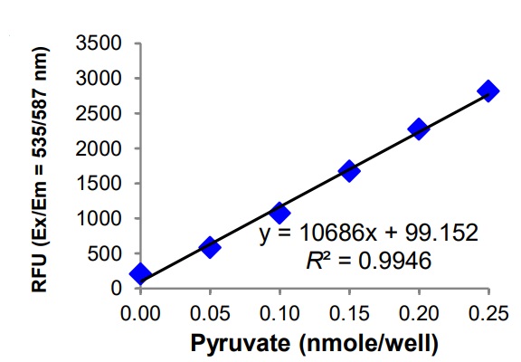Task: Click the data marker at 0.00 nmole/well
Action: [140, 274]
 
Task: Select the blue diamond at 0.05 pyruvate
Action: [210, 247]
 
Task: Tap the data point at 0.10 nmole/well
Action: [279, 214]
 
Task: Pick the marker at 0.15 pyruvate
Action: [349, 171]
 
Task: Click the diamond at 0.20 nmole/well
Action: [419, 129]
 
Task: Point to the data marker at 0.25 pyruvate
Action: [488, 90]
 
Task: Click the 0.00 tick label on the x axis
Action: [140, 310]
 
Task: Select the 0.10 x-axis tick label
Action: [279, 310]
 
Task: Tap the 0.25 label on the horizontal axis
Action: [488, 310]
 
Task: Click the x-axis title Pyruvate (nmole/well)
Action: [315, 342]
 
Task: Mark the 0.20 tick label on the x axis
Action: [419, 310]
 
